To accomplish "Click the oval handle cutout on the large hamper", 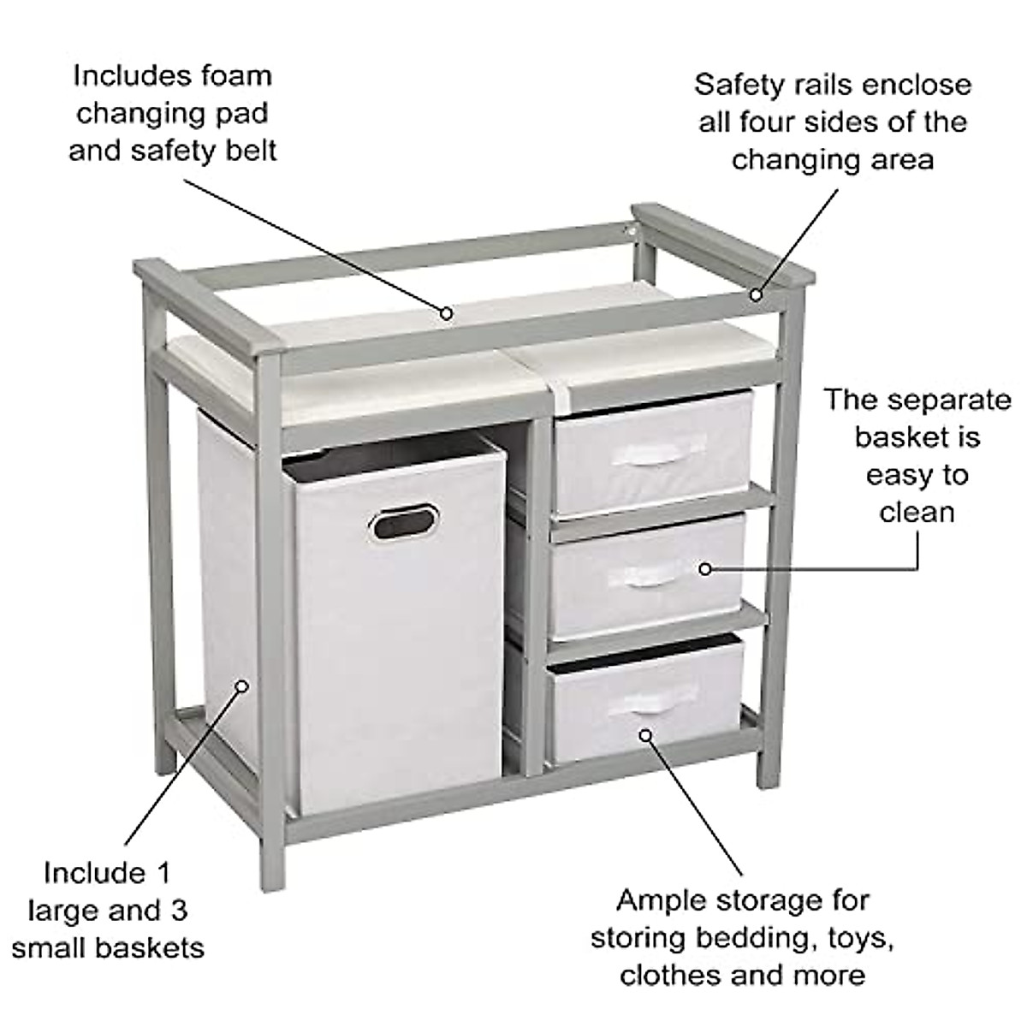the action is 405,521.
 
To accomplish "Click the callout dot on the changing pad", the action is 446,313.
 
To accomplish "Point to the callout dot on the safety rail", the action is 757,295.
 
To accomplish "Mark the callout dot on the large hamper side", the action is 242,686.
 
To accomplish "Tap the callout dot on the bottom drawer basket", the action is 646,733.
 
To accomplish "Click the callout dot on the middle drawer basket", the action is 705,567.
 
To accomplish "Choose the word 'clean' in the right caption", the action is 917,512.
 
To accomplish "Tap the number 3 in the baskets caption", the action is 178,910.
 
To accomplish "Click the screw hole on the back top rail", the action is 632,229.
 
